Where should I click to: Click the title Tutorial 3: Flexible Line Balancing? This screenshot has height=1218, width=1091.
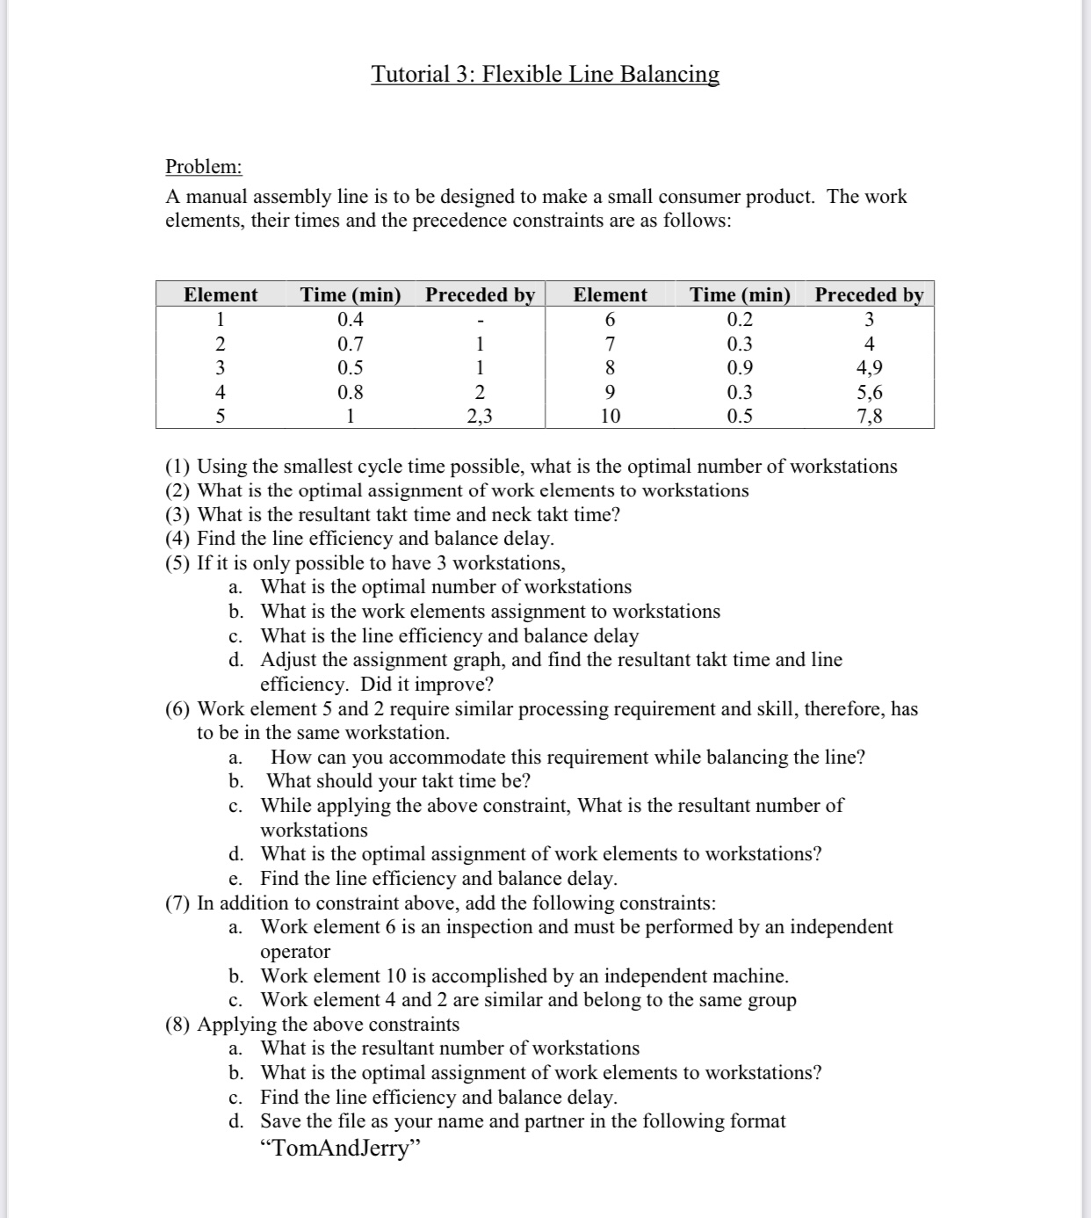545,74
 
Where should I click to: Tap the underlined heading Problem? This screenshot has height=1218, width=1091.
204,167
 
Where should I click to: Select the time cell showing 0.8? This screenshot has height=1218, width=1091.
350,393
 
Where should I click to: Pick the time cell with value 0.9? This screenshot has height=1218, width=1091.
740,368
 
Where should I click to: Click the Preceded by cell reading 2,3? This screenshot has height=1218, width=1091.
480,417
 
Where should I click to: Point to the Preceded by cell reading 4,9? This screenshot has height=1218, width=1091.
869,368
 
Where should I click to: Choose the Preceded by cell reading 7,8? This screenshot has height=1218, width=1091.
869,417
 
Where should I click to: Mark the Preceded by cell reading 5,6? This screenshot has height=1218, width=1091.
869,393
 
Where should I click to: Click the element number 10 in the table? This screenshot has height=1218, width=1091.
610,417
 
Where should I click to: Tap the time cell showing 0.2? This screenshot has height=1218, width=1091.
740,320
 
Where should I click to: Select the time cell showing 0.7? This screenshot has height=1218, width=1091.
350,344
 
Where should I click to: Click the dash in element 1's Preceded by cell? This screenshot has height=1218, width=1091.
480,321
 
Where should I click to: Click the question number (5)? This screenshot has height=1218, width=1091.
179,563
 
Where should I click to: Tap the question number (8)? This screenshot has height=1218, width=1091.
179,1025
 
